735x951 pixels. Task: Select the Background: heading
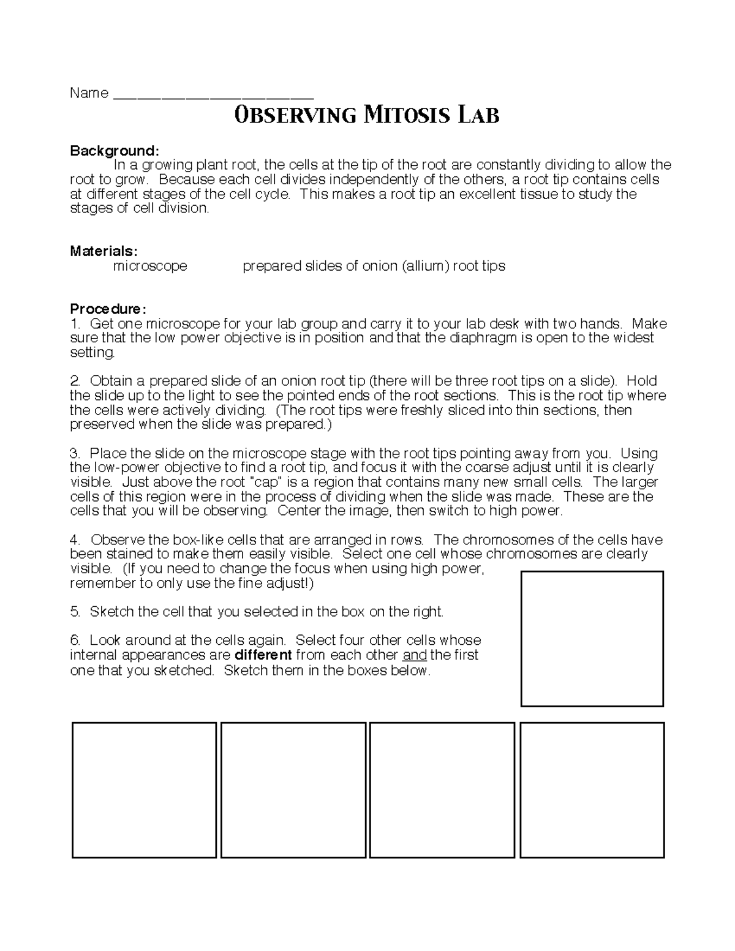[115, 151]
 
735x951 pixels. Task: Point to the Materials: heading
[104, 251]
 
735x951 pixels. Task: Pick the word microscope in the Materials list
[150, 266]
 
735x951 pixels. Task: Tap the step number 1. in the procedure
[75, 323]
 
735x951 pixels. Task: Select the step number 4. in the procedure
[75, 539]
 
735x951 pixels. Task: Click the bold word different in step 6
[263, 655]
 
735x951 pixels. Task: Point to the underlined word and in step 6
[415, 655]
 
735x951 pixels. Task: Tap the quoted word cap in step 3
[266, 482]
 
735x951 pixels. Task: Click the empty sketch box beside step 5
[592, 639]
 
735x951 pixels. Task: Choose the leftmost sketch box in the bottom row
[145, 790]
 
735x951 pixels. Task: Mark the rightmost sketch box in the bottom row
[592, 790]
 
